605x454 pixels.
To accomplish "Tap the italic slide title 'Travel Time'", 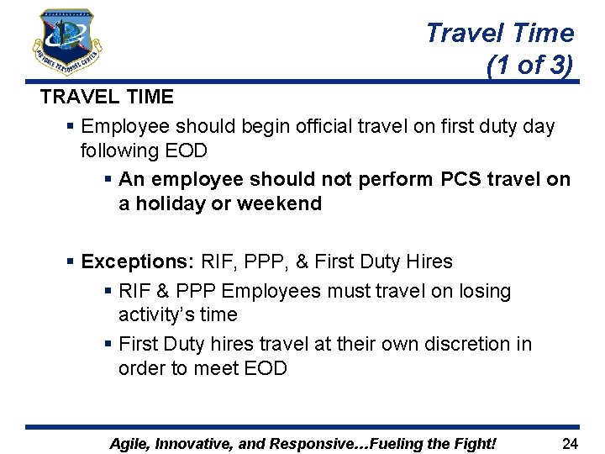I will pos(499,33).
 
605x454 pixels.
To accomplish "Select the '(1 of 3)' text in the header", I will pos(529,65).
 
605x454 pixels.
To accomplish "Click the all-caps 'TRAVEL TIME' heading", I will pos(107,97).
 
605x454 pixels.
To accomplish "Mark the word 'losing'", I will pos(480,291).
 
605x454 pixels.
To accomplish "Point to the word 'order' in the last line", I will pos(143,367).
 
